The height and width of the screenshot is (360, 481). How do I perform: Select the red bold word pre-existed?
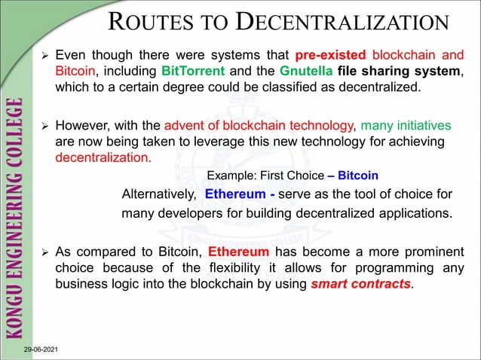pyautogui.click(x=330, y=56)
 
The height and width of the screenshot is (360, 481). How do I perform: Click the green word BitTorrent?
pyautogui.click(x=191, y=71)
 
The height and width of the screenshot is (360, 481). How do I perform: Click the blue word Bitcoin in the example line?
pyautogui.click(x=358, y=175)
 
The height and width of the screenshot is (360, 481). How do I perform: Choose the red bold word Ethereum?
pyautogui.click(x=238, y=252)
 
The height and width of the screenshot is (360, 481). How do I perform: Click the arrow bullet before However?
pyautogui.click(x=44, y=125)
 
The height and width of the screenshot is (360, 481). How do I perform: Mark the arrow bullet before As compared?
pyautogui.click(x=44, y=252)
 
